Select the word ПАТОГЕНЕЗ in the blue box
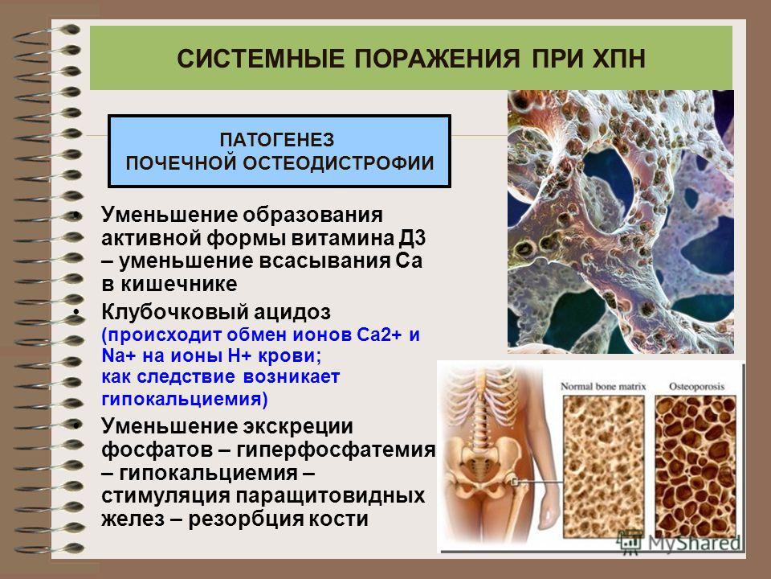[x=277, y=140]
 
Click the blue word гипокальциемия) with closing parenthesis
[x=185, y=398]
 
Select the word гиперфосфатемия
[x=336, y=450]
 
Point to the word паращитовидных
[x=330, y=496]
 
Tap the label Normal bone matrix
[x=603, y=387]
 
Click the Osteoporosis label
[x=697, y=387]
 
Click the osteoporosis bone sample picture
[x=696, y=466]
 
